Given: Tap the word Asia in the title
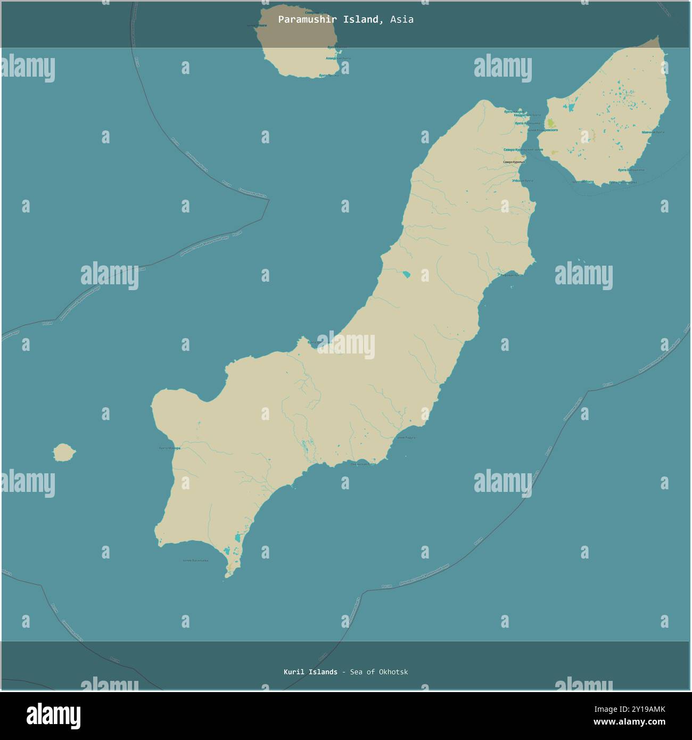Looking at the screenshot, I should tap(401, 20).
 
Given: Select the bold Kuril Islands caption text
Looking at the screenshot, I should tap(310, 672).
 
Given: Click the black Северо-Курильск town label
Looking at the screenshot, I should tap(514, 162).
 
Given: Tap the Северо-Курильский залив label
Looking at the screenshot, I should tap(523, 150).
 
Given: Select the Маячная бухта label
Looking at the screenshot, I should tap(653, 132).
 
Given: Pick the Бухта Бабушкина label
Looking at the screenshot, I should tap(631, 170).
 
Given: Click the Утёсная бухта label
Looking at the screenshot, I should tap(522, 181).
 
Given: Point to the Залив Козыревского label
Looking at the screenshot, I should tap(542, 130).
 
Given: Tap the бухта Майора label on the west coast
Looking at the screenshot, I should tap(170, 448).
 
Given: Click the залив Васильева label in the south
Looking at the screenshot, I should tap(195, 560).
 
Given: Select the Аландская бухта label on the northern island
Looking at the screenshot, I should tap(339, 58).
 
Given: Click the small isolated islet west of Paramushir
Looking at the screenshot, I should tap(64, 453).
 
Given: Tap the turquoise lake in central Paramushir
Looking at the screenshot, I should tap(406, 275).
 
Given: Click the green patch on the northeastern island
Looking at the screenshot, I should tap(552, 123).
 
